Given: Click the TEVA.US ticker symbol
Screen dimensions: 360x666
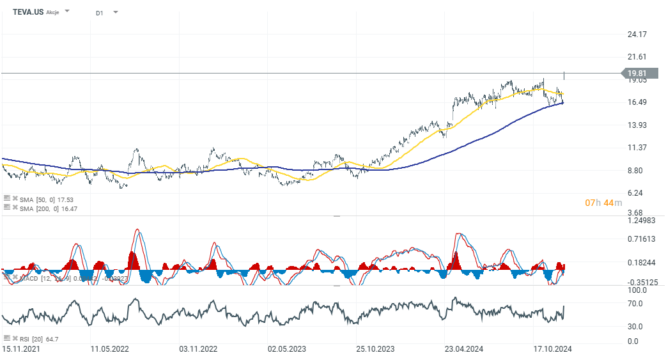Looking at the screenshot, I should [x=28, y=12].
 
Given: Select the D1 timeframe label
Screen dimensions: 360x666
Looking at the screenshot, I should [x=100, y=13].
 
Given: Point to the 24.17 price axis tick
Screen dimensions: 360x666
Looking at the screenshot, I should [x=637, y=34].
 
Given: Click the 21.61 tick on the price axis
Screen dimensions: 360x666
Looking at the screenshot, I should [x=637, y=57].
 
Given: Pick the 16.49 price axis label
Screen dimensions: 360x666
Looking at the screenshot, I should [x=637, y=102].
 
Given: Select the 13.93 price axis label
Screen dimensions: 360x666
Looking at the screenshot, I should [x=637, y=125].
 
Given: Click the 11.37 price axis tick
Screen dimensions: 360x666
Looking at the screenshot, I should [x=637, y=148].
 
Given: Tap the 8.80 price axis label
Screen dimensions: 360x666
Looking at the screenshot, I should [x=635, y=170].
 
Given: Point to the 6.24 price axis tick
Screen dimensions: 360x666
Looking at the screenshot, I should [x=635, y=193].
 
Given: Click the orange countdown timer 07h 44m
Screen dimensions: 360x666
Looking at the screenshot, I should [x=600, y=203].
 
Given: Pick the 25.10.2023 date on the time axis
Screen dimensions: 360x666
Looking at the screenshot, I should [x=375, y=349].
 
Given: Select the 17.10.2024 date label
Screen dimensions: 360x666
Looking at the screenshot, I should [x=552, y=349].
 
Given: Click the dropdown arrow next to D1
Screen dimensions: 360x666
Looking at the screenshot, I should [x=116, y=12].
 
